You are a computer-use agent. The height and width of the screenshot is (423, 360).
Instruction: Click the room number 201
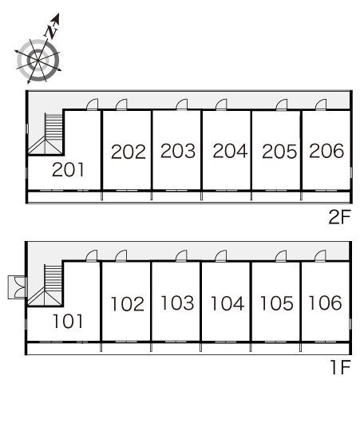click(68, 170)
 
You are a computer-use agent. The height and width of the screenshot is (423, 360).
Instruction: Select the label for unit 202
click(129, 152)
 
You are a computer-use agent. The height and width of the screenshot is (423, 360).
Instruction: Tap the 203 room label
click(178, 151)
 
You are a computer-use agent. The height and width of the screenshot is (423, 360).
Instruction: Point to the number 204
click(230, 151)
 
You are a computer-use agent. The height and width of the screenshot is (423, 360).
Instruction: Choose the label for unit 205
click(279, 152)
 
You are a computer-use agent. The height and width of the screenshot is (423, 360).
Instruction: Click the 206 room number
click(326, 151)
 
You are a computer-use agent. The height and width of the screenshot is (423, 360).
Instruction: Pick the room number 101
click(68, 322)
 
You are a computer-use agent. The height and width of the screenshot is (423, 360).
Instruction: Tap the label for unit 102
click(128, 304)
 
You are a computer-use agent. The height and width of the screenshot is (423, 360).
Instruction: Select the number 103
click(177, 302)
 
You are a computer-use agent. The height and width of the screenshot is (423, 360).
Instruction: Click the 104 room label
click(227, 303)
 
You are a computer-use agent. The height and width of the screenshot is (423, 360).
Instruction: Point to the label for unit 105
click(277, 303)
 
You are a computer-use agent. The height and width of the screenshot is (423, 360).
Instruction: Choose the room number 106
click(325, 302)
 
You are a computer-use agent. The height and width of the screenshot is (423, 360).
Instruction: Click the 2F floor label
click(339, 217)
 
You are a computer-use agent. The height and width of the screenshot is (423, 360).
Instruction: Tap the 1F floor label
click(341, 367)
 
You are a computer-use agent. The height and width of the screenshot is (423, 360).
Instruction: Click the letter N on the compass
click(51, 31)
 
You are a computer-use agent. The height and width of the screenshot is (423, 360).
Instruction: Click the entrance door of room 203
click(181, 105)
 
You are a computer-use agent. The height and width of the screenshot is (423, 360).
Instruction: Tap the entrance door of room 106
click(320, 256)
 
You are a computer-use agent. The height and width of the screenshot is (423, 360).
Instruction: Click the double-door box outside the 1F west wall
click(18, 287)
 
